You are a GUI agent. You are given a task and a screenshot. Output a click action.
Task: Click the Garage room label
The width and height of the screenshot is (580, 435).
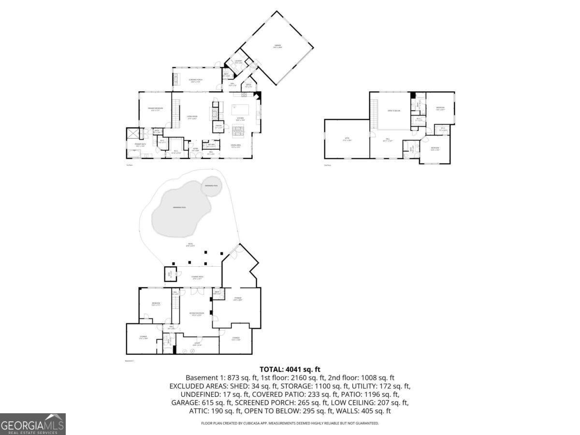point(277,46)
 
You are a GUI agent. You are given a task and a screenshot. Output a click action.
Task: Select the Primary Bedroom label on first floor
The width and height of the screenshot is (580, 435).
point(155,108)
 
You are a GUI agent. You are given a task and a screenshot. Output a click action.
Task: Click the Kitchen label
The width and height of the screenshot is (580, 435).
point(240,119)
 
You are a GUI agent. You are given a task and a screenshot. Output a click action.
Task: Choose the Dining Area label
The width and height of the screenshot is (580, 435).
point(236,146)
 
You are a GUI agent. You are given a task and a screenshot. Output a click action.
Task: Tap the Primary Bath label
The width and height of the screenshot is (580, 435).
point(134,145)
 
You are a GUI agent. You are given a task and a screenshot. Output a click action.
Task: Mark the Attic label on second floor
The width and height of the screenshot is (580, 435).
point(346,140)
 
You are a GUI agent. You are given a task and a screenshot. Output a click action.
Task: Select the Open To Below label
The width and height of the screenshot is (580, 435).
point(394,111)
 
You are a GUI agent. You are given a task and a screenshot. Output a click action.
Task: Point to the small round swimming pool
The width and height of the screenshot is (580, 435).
point(211,186)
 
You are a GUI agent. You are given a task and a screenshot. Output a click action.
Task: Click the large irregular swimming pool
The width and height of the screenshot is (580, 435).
point(180,208)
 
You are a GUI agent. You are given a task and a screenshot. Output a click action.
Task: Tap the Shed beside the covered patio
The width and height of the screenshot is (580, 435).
point(170,274)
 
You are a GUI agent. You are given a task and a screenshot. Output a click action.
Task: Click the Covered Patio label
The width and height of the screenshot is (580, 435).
point(198,277)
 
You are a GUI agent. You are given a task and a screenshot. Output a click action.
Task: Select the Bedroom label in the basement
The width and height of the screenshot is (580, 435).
point(156,304)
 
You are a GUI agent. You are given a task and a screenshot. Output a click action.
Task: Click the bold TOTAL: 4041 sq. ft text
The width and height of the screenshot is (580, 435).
point(290,369)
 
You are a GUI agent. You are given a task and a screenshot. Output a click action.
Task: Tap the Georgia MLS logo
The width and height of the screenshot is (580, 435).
point(32,424)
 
